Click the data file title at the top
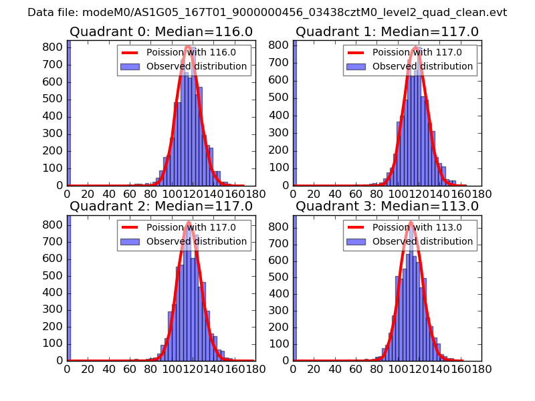[x=267, y=12]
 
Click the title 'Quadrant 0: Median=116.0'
[x=160, y=31]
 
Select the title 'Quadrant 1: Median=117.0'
[x=387, y=31]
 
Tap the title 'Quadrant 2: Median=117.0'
[x=160, y=207]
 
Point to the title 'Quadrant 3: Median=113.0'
[x=387, y=207]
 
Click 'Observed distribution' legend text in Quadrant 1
[x=423, y=67]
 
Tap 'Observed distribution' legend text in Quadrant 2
[x=197, y=241]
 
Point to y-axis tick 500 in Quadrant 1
[x=281, y=99]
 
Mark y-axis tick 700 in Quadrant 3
[x=281, y=244]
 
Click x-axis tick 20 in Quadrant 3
[x=314, y=368]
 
